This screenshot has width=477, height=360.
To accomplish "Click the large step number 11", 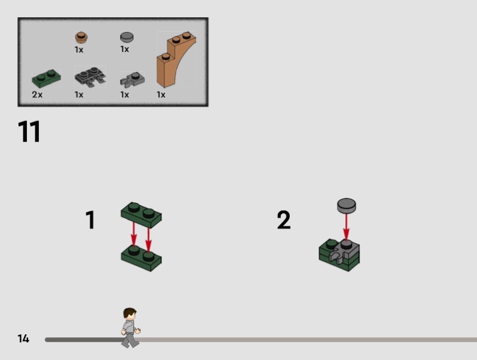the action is tap(29, 131).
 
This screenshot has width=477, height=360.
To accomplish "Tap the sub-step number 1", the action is tap(91, 219).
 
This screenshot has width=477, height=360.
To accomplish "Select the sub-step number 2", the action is tap(284, 219).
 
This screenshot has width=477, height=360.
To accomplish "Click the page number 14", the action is tap(23, 339).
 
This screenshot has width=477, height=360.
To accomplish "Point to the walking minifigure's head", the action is tap(130, 314).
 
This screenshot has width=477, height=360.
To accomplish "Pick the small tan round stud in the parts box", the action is tap(82, 38).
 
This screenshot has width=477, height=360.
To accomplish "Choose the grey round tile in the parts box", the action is tap(127, 37).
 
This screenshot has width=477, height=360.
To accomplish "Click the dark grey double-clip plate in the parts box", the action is tap(90, 76).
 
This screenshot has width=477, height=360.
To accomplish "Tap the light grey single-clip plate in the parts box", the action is tap(132, 79).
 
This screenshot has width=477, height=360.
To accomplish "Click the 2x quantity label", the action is tap(37, 95).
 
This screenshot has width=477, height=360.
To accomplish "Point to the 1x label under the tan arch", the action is tap(161, 95).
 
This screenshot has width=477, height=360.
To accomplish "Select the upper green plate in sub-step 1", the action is tap(141, 215).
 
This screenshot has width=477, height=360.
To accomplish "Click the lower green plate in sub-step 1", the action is tap(141, 259).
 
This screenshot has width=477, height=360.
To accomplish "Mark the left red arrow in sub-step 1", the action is tap(134, 234).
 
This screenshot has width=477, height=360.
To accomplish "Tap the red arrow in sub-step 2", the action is tap(346, 227).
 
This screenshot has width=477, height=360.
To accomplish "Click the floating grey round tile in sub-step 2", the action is tap(346, 206).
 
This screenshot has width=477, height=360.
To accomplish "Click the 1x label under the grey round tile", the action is tap(125, 49).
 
